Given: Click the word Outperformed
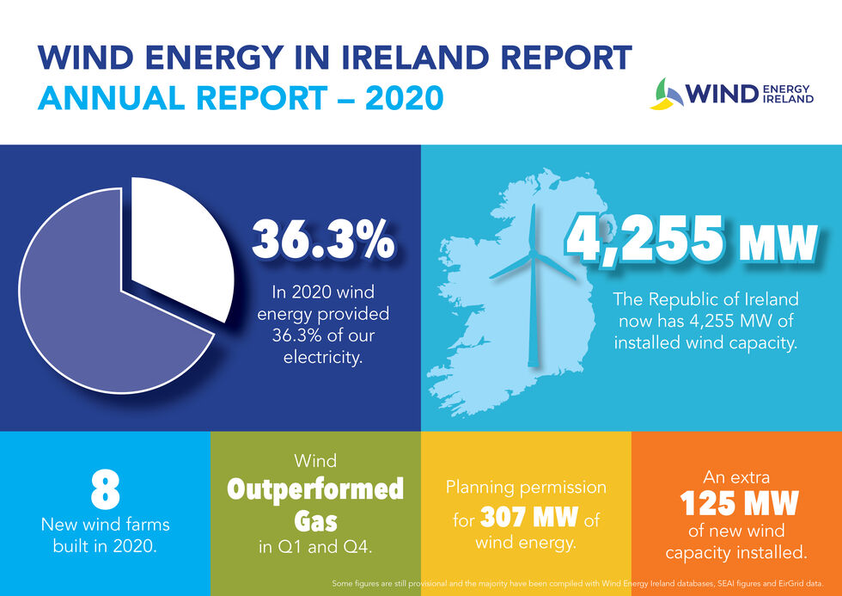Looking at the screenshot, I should click(314, 489).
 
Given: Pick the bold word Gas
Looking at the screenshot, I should click(314, 519).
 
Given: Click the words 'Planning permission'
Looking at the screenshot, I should click(526, 488).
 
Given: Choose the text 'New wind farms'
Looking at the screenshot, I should click(105, 524).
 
